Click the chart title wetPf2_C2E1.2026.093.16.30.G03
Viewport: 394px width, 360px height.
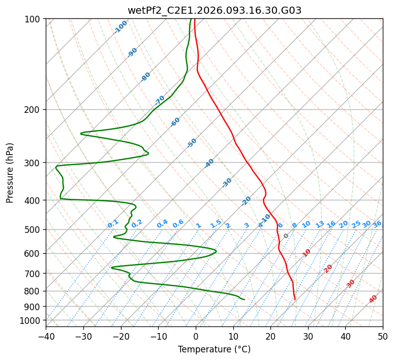click(214, 10)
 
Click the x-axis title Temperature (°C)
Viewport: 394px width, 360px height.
click(214, 350)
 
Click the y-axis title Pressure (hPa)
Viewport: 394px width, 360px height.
click(10, 173)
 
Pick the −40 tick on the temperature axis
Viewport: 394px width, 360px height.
click(46, 337)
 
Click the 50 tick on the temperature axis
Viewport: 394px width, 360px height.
click(383, 337)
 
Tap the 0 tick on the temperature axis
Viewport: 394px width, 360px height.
click(196, 337)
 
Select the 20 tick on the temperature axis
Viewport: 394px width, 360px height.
click(270, 337)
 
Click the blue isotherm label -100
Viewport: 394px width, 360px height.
click(121, 26)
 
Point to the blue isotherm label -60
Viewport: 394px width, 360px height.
click(175, 122)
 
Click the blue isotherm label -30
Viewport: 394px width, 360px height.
click(227, 183)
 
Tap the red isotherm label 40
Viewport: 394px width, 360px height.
click(373, 299)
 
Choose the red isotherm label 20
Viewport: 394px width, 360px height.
click(328, 268)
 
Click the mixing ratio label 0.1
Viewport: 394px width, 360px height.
click(113, 224)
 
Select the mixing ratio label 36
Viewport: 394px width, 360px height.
click(377, 224)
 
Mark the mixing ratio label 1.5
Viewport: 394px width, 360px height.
click(216, 224)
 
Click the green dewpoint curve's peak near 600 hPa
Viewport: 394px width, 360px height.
click(216, 251)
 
